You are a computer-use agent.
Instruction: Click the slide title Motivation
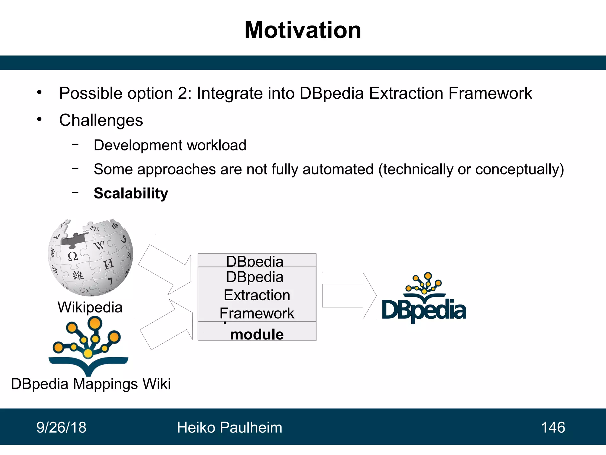point(303,30)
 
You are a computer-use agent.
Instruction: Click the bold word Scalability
point(131,193)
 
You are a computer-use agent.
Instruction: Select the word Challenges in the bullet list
point(101,120)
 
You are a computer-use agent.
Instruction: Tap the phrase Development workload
point(170,145)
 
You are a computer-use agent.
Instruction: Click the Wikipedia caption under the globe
point(90,307)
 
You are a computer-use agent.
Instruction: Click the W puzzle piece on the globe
point(99,245)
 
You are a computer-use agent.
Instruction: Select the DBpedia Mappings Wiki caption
point(91,384)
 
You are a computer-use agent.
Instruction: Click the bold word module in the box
point(257,334)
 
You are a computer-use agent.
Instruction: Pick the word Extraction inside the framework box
point(257,295)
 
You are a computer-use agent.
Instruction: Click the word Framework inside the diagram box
point(257,313)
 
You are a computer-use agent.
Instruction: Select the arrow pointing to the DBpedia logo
point(349,296)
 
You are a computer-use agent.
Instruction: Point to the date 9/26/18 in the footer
point(61,427)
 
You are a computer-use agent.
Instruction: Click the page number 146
point(553,427)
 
